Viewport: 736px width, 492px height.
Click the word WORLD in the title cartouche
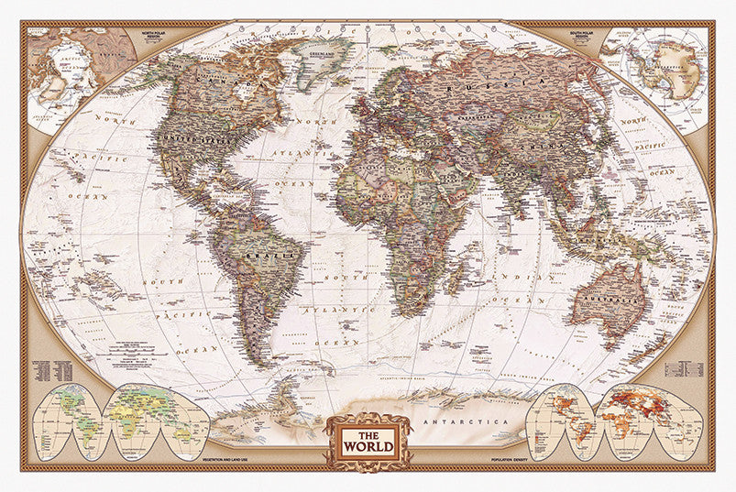pyautogui.click(x=368, y=447)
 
